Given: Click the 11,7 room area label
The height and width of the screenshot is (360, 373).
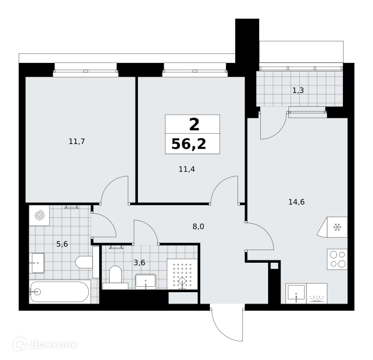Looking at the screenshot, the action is (77, 142).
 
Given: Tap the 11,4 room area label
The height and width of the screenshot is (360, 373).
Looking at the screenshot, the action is (186, 169).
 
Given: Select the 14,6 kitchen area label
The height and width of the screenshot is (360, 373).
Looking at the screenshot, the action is (296, 202).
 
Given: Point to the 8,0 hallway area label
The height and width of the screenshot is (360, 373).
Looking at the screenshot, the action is (198, 227).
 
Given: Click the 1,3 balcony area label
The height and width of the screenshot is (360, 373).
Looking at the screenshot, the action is (298, 91).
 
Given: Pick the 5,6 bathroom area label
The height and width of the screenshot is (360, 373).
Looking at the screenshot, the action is (62, 244).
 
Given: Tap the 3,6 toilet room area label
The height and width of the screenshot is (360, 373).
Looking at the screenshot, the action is (139, 263).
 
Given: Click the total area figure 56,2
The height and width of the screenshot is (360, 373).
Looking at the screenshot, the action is (189, 144).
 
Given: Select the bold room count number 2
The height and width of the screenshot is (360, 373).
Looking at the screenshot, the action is (194, 125).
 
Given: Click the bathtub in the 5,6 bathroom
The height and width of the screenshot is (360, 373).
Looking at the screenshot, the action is (60, 292).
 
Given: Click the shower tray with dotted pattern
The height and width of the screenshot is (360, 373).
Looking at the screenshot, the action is (182, 274).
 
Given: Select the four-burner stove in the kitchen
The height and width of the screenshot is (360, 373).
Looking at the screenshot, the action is (337, 259).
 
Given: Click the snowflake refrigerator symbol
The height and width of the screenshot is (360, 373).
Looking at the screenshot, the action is (337, 227).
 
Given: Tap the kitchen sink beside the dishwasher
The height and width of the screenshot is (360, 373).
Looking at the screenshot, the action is (296, 293).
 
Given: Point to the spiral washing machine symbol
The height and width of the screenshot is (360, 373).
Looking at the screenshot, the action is (40, 215).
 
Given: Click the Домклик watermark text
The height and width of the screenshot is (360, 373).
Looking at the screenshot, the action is (54, 344).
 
